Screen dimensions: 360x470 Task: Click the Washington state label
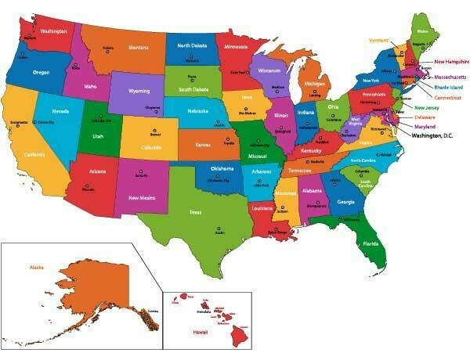(x=52, y=31)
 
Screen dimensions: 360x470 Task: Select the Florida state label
(x=371, y=243)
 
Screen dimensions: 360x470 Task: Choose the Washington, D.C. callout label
(x=432, y=136)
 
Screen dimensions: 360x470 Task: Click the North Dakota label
(x=192, y=45)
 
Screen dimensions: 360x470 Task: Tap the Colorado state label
(x=153, y=146)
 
